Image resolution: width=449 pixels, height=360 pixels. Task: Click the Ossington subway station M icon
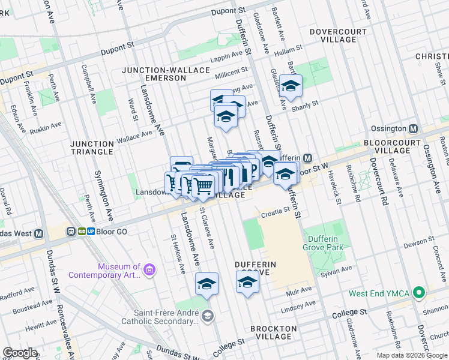click(x=413, y=129)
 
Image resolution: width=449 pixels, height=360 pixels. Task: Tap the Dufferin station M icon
click(x=307, y=158)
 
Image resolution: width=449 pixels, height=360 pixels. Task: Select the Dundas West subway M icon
click(x=39, y=233)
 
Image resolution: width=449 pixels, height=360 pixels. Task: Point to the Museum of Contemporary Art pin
click(x=149, y=271)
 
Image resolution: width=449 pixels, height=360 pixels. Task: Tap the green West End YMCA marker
click(x=420, y=293)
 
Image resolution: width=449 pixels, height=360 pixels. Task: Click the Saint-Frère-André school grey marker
click(x=207, y=316)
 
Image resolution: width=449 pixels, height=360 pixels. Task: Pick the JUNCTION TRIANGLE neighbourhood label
click(x=92, y=148)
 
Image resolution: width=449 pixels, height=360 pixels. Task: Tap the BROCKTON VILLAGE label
click(x=273, y=332)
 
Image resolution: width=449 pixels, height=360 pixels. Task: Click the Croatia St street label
click(x=275, y=213)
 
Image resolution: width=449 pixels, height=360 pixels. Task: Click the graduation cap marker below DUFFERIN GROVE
click(x=247, y=282)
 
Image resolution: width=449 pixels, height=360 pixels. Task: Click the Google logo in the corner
click(x=20, y=353)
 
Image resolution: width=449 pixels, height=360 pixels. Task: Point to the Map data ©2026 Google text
click(x=411, y=355)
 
